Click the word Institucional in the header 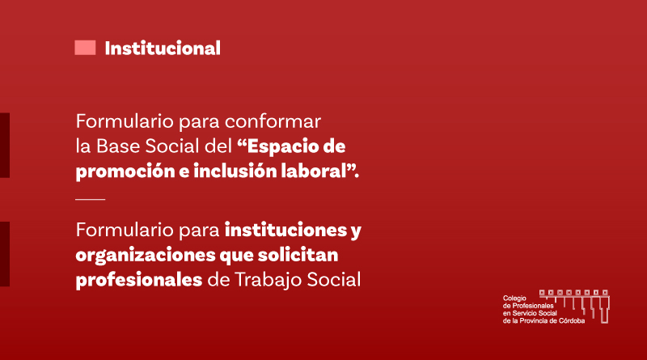163,49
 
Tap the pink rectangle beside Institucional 85,48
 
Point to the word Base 118,146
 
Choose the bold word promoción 125,172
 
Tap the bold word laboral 313,171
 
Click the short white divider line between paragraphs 91,199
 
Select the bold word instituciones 286,230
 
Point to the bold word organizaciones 146,256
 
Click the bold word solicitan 298,255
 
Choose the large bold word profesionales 138,280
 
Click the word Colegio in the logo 514,299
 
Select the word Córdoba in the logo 572,321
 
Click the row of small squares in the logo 574,293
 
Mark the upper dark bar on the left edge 5,146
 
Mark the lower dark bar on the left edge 5,254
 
